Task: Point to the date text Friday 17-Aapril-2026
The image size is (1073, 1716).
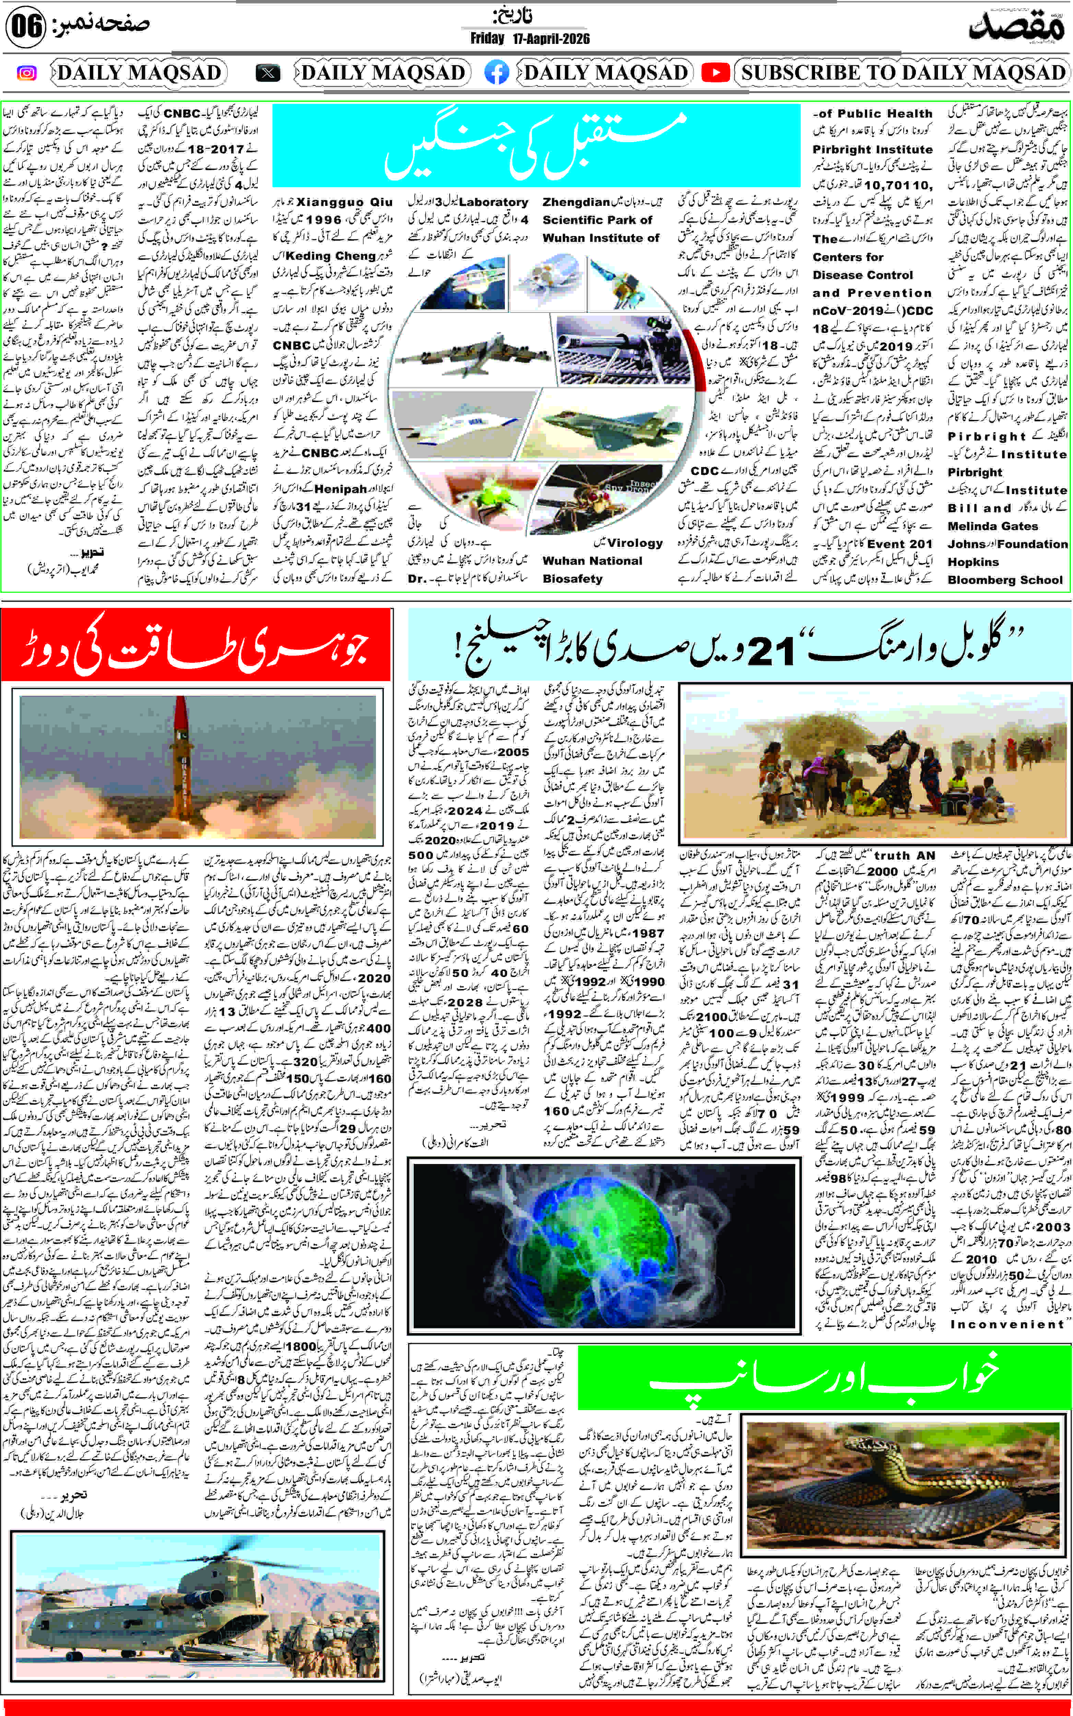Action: (x=529, y=38)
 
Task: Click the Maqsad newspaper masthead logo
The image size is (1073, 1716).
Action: (x=1016, y=27)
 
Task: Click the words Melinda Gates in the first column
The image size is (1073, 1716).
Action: (x=992, y=526)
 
